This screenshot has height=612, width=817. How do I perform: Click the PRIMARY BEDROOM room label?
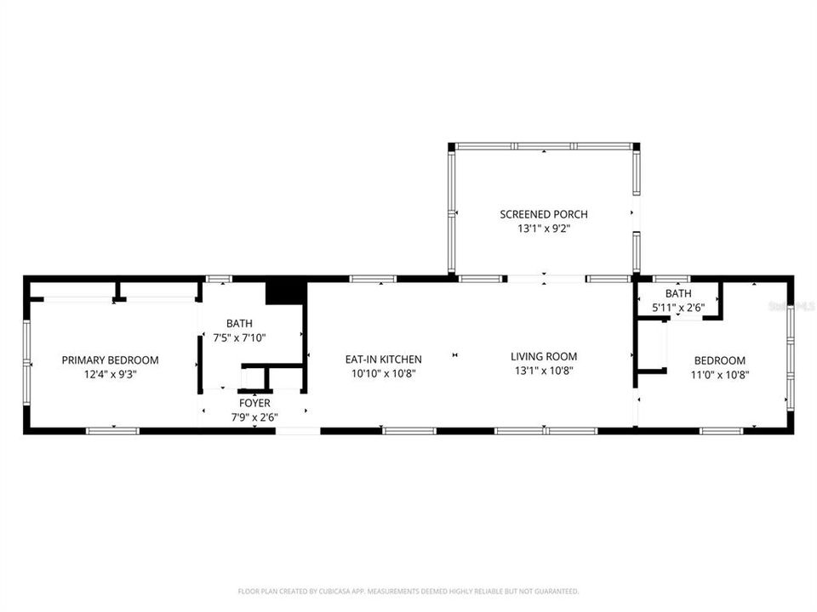[x=110, y=360]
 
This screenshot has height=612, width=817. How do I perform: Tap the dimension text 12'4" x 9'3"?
[x=110, y=373]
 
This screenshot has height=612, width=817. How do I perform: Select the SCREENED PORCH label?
[x=543, y=214]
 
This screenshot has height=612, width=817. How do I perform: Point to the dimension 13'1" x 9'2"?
[x=543, y=228]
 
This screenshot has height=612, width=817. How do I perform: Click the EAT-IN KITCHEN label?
[x=383, y=360]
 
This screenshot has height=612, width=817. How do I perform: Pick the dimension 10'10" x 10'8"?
[x=383, y=373]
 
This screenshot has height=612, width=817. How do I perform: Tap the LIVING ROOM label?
[x=544, y=357]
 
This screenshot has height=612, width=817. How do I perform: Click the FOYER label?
[x=254, y=403]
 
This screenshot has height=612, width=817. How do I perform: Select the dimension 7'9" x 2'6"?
[x=254, y=416]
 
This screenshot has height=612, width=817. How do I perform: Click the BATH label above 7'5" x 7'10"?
[x=239, y=323]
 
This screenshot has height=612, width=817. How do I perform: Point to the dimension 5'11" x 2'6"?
[x=678, y=307]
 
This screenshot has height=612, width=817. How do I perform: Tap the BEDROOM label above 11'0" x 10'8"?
[x=719, y=360]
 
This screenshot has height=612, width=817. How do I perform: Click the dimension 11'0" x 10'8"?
[x=719, y=374]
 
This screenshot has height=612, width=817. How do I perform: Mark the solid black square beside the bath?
[x=285, y=292]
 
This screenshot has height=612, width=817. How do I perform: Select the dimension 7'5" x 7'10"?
[x=239, y=337]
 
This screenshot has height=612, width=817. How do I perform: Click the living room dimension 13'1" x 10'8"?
[x=544, y=371]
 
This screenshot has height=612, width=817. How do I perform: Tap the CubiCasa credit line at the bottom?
[x=408, y=591]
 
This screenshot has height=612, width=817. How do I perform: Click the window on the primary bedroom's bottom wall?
[x=112, y=431]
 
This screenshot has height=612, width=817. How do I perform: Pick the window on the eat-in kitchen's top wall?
[x=373, y=278]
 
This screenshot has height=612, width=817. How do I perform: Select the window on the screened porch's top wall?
[x=543, y=146]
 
